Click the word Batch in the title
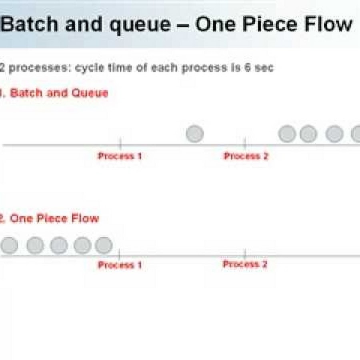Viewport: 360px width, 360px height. click(29, 24)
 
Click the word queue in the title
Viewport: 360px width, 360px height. click(140, 26)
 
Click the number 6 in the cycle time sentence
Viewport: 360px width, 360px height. click(248, 68)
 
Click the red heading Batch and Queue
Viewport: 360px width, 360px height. click(59, 93)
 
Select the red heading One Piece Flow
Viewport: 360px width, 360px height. click(54, 218)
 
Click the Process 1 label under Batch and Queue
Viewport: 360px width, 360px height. click(120, 156)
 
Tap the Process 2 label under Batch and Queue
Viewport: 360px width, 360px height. click(246, 156)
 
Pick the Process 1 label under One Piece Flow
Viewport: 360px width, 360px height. click(120, 265)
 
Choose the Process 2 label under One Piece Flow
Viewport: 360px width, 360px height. click(245, 264)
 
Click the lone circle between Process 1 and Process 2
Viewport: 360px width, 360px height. click(195, 134)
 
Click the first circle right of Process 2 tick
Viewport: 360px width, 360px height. click(287, 134)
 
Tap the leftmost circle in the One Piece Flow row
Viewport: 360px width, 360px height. click(9, 246)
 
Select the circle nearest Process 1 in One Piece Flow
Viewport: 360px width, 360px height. click(104, 246)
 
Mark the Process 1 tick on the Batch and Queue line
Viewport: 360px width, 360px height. click(120, 142)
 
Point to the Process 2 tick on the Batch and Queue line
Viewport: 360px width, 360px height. click(245, 142)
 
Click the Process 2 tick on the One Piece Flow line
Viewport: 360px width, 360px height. click(245, 254)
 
